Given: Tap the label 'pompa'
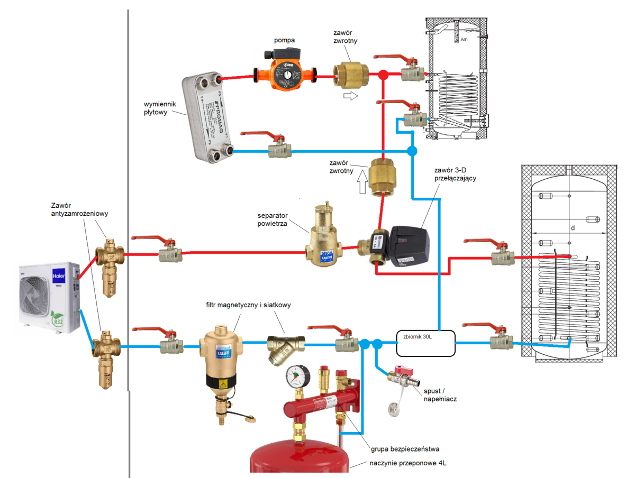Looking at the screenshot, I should tap(285, 40).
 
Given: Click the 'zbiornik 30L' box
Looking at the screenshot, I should tap(425, 343).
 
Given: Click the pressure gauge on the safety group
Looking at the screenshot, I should tap(295, 376).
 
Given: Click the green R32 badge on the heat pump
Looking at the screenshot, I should tap(59, 321).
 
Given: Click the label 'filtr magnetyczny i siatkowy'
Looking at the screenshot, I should tap(248, 305).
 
